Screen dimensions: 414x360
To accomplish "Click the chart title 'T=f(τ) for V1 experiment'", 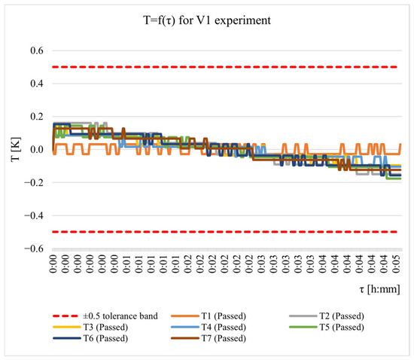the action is tap(207, 20).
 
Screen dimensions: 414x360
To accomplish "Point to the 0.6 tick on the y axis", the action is tap(37, 50).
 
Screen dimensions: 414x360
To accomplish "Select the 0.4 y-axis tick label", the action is tap(37, 84).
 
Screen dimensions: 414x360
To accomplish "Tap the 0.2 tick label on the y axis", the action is tap(37, 117).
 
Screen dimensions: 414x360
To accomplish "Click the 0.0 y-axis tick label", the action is tap(37, 149).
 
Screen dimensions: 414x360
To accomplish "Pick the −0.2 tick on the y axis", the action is tap(34, 182).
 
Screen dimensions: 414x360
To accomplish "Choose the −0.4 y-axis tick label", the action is tap(34, 215).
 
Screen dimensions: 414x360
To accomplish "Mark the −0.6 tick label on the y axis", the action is tap(34, 249).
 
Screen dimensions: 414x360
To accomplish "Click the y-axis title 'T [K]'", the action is tap(16, 149).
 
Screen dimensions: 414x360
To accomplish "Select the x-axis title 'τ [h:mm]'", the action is tap(379, 289).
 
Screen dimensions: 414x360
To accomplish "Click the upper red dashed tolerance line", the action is tap(225, 67).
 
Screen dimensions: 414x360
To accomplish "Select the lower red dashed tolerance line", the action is tap(225, 232).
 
